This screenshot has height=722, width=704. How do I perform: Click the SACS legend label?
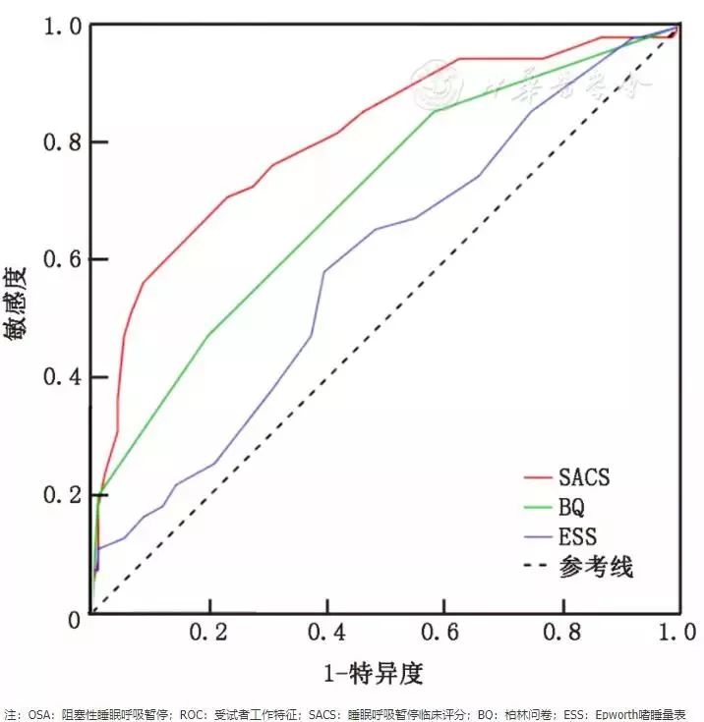coord(584,477)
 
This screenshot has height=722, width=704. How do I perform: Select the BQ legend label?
coord(571,507)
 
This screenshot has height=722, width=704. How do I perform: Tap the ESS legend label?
coord(577,536)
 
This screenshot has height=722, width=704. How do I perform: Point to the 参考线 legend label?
coord(596,567)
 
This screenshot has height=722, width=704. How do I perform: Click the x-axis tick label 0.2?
coord(210,631)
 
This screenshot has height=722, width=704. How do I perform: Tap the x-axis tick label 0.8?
coord(563,631)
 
